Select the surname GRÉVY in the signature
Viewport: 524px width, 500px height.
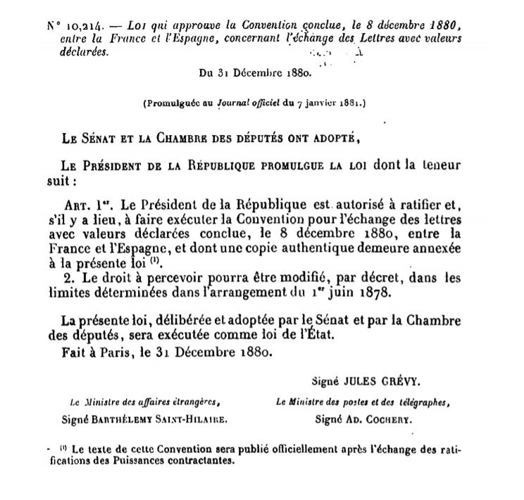402,381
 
